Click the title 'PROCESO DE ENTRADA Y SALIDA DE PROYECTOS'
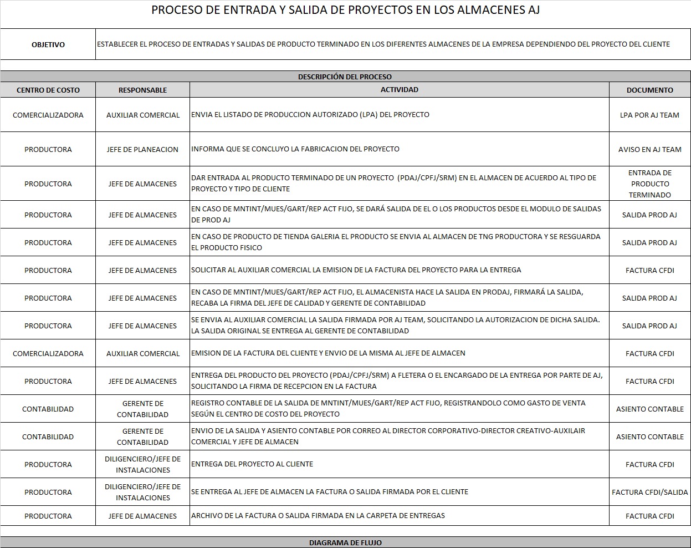pyautogui.click(x=345, y=10)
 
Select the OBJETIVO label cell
pyautogui.click(x=48, y=44)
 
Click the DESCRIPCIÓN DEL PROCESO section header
pyautogui.click(x=345, y=77)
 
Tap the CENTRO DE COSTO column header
pyautogui.click(x=48, y=90)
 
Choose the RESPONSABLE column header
pyautogui.click(x=142, y=90)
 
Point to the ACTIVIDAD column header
pyautogui.click(x=399, y=89)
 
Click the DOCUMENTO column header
pyautogui.click(x=649, y=90)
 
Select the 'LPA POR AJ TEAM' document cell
pyautogui.click(x=649, y=115)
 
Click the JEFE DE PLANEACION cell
pyautogui.click(x=142, y=149)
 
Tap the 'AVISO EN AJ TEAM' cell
pyautogui.click(x=649, y=149)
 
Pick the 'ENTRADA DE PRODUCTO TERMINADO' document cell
pyautogui.click(x=649, y=184)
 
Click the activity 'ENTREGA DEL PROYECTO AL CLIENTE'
pyautogui.click(x=252, y=464)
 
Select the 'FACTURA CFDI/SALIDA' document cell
pyautogui.click(x=649, y=492)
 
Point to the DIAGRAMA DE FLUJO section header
pyautogui.click(x=345, y=542)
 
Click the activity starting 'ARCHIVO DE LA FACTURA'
pyautogui.click(x=318, y=515)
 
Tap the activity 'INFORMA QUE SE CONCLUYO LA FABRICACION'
pyautogui.click(x=295, y=149)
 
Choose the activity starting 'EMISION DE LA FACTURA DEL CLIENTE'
pyautogui.click(x=328, y=353)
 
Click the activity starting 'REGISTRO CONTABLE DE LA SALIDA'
pyautogui.click(x=388, y=408)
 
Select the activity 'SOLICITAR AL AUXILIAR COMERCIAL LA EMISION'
pyautogui.click(x=356, y=270)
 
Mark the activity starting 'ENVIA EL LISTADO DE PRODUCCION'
pyautogui.click(x=310, y=114)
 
